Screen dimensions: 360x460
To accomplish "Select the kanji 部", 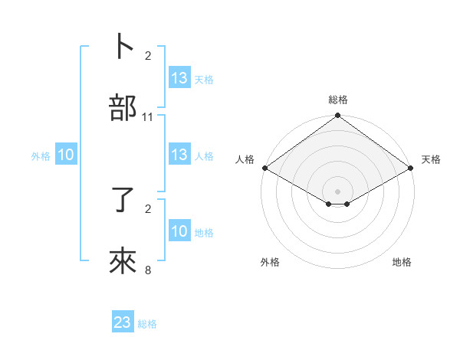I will [x=123, y=108].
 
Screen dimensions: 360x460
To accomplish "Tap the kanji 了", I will [x=123, y=200].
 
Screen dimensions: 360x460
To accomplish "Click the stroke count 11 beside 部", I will [x=148, y=117].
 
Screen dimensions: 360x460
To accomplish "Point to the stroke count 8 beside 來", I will [x=148, y=270].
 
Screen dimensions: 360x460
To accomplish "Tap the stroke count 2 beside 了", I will [x=148, y=208].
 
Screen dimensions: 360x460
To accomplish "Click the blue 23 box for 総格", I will [x=123, y=322].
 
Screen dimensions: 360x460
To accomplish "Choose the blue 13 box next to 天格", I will [x=179, y=78].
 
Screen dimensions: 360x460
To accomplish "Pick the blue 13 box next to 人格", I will [x=179, y=155].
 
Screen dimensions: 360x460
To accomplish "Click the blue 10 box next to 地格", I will [x=179, y=231].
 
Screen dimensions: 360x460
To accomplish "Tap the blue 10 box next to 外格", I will [x=66, y=155].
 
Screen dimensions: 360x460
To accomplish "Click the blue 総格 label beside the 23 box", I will [x=147, y=324].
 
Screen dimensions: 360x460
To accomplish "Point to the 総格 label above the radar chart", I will [x=338, y=100].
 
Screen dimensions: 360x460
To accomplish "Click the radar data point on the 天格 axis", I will [x=412, y=168].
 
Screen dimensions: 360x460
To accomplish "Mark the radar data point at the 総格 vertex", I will [x=338, y=116].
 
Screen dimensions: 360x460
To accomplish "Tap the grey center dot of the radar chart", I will [x=338, y=191].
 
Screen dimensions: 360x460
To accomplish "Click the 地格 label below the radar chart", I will [x=402, y=262].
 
